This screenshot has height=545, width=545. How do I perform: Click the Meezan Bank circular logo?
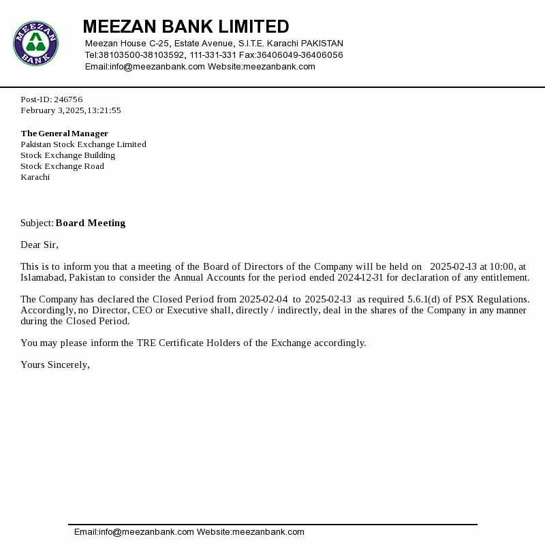click(35, 43)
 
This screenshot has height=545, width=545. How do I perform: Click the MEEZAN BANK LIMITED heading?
click(185, 27)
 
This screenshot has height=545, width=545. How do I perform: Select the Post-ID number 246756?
click(68, 99)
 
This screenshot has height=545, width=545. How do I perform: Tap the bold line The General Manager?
click(64, 134)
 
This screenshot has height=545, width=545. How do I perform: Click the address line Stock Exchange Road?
click(62, 166)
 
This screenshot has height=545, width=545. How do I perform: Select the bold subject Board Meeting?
click(91, 223)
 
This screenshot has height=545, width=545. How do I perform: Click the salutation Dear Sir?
click(40, 245)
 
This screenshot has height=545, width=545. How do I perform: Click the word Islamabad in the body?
click(43, 277)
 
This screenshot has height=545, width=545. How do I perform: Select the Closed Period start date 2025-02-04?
click(263, 299)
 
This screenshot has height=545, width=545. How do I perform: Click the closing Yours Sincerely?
click(55, 364)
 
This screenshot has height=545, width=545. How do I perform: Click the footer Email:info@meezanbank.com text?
click(134, 532)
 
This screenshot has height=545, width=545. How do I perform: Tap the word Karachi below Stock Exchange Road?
click(35, 177)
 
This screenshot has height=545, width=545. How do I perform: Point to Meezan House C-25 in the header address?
click(126, 44)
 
